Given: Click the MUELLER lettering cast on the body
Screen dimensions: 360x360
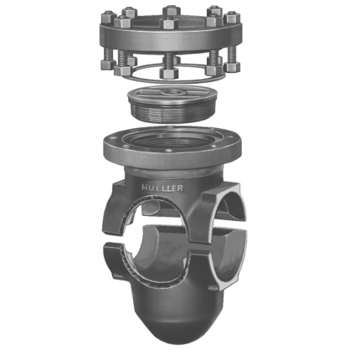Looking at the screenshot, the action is (x=162, y=188).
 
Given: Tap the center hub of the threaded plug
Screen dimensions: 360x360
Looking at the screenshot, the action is (x=171, y=92).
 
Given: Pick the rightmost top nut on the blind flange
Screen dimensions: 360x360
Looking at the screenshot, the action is (x=233, y=18).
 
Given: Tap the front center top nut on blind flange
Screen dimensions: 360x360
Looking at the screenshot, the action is (x=168, y=23).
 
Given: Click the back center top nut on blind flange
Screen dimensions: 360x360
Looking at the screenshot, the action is (x=172, y=10).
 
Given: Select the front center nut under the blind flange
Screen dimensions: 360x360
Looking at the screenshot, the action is (x=169, y=73).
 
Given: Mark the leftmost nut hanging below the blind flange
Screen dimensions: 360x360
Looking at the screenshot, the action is (x=109, y=64).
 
